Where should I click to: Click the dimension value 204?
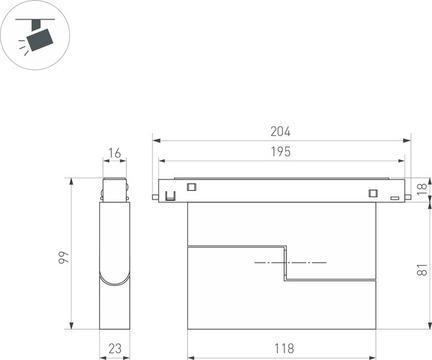point(280,132)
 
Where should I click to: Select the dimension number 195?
point(280,152)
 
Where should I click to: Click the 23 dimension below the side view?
point(114,348)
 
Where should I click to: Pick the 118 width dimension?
point(284,348)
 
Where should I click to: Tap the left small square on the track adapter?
point(192,186)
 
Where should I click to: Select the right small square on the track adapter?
point(372,192)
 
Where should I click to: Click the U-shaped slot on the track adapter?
point(170,195)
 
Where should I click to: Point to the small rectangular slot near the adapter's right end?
point(394,197)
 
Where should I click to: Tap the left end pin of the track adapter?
point(155,195)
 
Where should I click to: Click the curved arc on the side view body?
point(114,279)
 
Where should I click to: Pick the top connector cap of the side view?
point(114,189)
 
